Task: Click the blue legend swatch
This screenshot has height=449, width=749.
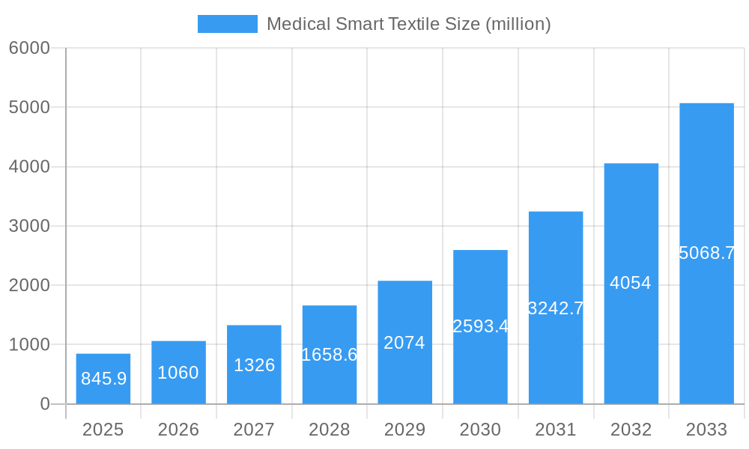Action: point(227,24)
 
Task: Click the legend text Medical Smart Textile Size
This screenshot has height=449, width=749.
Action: point(408,24)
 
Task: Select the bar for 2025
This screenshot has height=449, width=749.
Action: point(103,379)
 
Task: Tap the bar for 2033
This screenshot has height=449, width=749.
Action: point(706,254)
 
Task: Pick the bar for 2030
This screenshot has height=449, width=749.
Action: point(480,327)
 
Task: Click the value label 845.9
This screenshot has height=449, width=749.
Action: point(103,379)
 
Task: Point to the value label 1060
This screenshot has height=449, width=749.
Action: point(178,373)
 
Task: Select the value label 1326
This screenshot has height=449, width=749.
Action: point(254,365)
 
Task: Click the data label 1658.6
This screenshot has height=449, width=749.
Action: point(330,355)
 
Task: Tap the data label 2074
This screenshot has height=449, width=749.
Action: point(404,343)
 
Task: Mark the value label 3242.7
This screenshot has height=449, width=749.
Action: point(556,308)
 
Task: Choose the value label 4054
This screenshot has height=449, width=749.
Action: point(631,283)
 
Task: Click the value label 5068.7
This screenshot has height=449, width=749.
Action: point(706,253)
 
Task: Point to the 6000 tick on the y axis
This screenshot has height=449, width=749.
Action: point(29,48)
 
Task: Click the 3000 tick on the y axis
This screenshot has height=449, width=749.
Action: point(29,226)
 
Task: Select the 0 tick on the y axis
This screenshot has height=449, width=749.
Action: point(44,404)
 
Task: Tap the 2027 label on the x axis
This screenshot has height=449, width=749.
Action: point(254,430)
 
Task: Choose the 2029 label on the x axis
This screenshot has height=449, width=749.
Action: point(404,430)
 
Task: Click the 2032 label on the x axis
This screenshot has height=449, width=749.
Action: point(631,430)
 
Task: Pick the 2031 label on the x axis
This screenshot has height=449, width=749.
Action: point(556,430)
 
